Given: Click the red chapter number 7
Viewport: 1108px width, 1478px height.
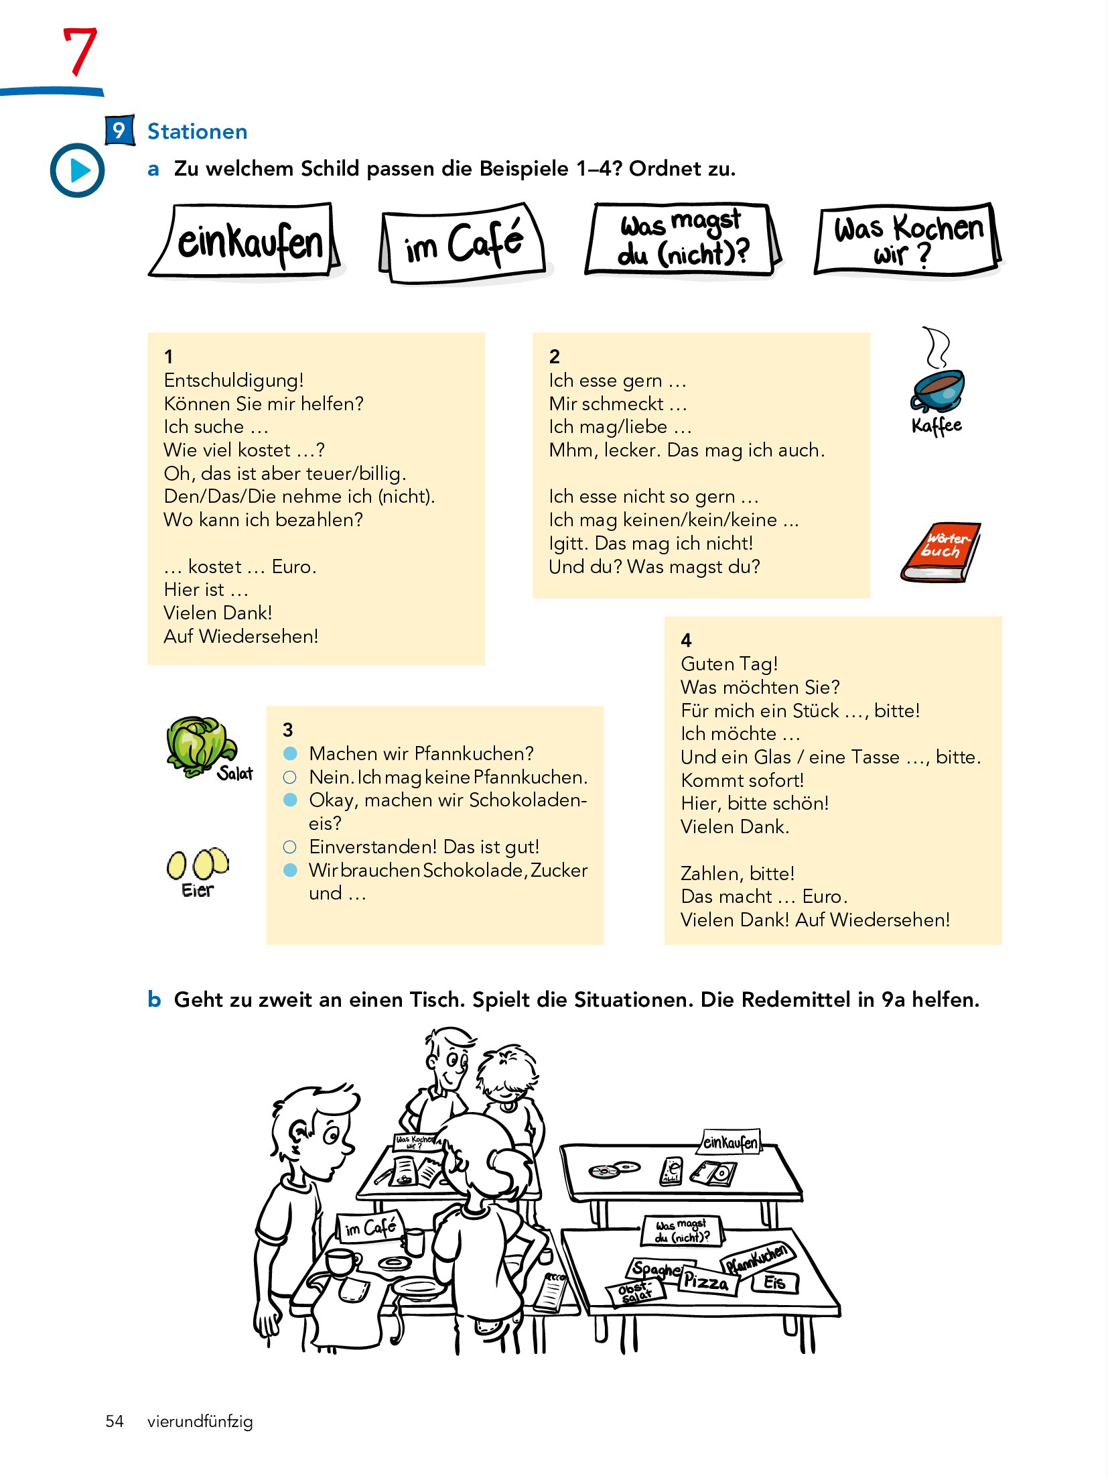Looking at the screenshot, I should [x=80, y=52].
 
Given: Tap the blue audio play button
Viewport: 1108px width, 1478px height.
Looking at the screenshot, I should [x=78, y=170].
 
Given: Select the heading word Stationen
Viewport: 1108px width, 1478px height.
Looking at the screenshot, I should [x=197, y=131].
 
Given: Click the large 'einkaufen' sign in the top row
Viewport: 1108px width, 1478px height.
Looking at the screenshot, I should [x=246, y=241].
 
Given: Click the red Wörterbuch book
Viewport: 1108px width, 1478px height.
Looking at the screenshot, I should [x=941, y=552].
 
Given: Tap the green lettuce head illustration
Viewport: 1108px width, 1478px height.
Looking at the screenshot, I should [x=198, y=745].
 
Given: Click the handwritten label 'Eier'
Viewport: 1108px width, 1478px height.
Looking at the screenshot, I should [x=197, y=890].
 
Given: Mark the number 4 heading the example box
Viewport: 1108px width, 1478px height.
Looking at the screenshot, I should [x=686, y=640].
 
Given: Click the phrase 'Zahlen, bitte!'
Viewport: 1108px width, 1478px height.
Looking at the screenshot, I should [x=738, y=873].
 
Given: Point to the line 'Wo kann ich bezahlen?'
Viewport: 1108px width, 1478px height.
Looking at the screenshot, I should [x=263, y=519].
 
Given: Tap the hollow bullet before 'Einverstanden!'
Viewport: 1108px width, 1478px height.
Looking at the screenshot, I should [x=290, y=847].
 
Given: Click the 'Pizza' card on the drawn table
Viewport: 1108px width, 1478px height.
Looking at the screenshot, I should [x=707, y=1282].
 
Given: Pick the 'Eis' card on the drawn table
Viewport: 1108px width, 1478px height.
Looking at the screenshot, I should [x=774, y=1282].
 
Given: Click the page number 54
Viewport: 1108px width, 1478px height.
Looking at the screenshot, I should [x=115, y=1421].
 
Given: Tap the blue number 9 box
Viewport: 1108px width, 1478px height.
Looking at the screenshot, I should [x=119, y=130].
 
